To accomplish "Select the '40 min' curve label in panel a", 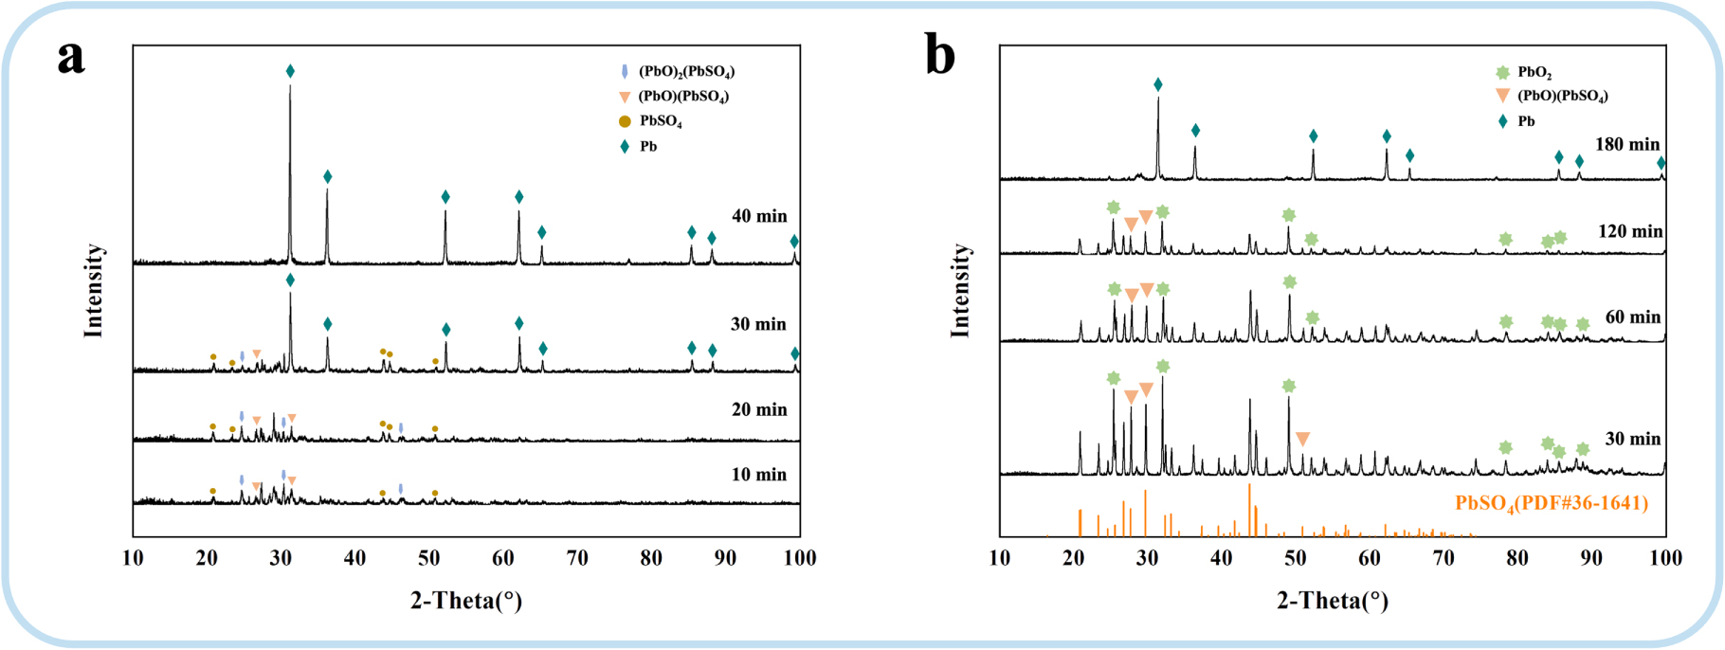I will tap(759, 216).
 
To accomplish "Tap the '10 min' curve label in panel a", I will tap(759, 475).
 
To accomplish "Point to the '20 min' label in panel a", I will tap(759, 409).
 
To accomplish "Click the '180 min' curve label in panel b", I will tap(1627, 144).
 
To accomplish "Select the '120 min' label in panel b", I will tap(1628, 231).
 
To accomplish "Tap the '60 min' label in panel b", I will tap(1632, 316).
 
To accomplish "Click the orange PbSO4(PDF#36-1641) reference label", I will tap(1552, 503).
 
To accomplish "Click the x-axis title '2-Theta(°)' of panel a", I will tap(466, 600).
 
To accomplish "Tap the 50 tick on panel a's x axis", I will tap(429, 558).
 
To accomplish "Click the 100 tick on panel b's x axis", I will tap(1665, 558).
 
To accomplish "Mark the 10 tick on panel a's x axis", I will tap(133, 558).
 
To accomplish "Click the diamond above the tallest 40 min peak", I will tap(290, 71).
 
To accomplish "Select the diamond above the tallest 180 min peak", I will tap(1158, 85).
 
